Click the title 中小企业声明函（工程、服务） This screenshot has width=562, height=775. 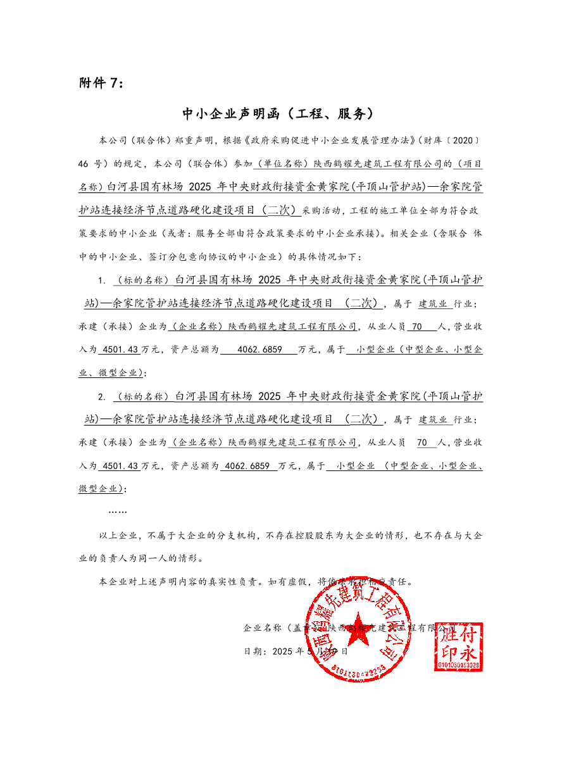[x=280, y=114]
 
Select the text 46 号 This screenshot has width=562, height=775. [x=90, y=163]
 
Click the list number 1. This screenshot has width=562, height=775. [x=101, y=279]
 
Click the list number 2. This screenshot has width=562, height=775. [x=101, y=397]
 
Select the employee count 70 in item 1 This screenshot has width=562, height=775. [x=416, y=327]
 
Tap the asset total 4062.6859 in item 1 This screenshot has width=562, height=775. [x=258, y=350]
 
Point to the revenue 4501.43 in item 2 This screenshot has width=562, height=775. [x=120, y=466]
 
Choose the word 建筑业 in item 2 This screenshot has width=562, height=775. [x=433, y=420]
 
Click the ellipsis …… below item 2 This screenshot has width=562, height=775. [x=118, y=511]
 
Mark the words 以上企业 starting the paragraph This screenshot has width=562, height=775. [x=118, y=536]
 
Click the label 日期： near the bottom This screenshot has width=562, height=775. [x=256, y=651]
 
